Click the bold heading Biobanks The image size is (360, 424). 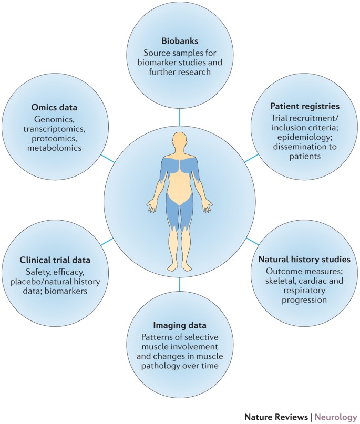179,40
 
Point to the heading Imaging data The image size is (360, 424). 179,324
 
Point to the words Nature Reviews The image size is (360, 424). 276,417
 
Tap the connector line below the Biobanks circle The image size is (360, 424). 179,117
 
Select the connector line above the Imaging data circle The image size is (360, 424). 179,284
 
